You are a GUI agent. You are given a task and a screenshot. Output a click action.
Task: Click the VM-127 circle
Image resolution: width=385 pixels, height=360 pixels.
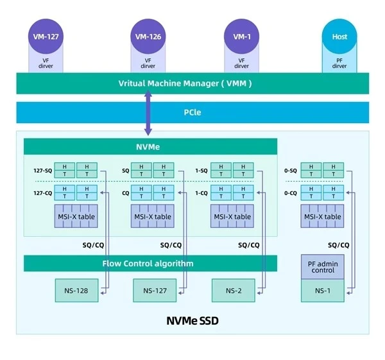tap(46, 37)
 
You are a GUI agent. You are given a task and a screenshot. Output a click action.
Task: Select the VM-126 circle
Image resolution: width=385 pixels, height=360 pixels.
tap(148, 37)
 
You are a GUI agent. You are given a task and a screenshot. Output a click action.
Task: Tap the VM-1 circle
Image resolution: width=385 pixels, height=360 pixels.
tap(242, 37)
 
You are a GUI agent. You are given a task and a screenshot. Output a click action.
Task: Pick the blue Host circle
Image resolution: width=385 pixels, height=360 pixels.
tap(339, 37)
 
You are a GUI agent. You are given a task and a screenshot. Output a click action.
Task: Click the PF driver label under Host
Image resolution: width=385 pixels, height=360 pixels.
tap(339, 64)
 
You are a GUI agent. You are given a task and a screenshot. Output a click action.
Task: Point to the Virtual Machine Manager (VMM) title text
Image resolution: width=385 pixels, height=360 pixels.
tap(185, 83)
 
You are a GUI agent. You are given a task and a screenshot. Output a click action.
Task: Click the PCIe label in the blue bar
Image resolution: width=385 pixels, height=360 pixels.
tap(193, 112)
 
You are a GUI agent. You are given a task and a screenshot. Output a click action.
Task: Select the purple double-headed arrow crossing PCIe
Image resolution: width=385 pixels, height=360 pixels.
tap(148, 113)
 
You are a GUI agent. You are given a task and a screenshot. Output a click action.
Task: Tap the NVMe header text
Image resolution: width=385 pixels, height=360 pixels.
tap(148, 147)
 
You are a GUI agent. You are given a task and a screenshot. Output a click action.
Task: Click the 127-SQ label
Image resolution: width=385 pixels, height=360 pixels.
tap(43, 171)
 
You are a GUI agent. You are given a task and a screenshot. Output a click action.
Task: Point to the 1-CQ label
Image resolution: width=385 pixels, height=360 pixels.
tap(201, 193)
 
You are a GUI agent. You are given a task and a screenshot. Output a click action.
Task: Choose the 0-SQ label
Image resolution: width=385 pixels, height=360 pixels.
tap(291, 171)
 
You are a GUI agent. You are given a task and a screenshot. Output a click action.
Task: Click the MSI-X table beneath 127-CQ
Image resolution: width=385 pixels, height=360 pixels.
tap(76, 216)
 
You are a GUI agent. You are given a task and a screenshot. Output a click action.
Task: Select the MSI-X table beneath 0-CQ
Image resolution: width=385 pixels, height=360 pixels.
tap(322, 216)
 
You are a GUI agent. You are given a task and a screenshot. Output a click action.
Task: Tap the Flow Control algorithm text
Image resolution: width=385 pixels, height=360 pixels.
tap(148, 264)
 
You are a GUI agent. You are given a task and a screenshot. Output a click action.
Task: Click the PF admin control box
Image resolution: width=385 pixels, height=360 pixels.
tap(323, 267)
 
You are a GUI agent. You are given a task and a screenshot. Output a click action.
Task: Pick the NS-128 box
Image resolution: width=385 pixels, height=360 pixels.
tap(76, 291)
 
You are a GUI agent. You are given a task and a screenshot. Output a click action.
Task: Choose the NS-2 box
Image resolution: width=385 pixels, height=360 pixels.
tap(234, 291)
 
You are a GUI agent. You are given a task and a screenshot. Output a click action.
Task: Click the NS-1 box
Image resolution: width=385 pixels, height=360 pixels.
tap(323, 291)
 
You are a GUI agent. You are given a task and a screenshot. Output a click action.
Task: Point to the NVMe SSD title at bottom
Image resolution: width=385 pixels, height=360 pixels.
tap(193, 321)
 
